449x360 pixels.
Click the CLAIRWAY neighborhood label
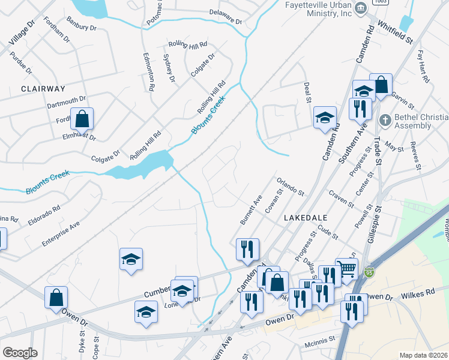click(43, 89)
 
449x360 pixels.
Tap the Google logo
click(20, 353)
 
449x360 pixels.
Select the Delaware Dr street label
click(225, 17)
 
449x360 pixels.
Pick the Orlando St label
click(291, 187)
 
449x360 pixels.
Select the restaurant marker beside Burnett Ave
click(247, 249)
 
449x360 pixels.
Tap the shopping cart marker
click(348, 268)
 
